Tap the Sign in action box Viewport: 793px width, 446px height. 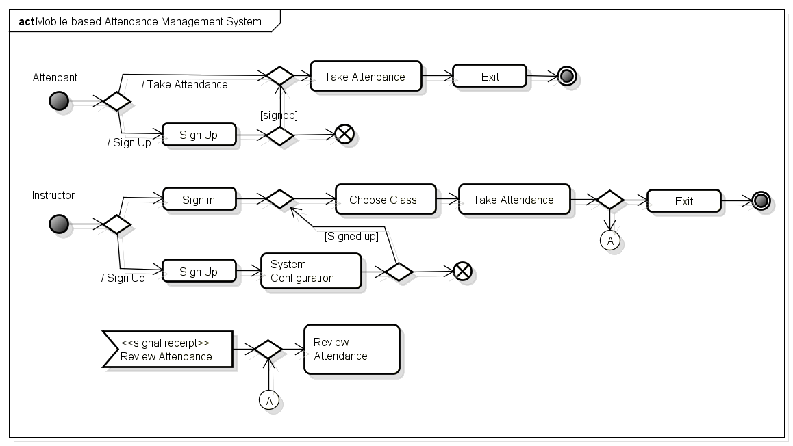(x=199, y=200)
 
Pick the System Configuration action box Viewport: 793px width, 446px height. (x=311, y=271)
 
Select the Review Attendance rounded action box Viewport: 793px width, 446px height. (x=351, y=349)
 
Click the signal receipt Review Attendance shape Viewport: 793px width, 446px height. (x=167, y=350)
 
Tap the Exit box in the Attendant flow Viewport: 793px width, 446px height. (x=490, y=77)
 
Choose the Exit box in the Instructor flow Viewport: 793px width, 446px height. (x=683, y=201)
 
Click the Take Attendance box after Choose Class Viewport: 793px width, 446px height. (x=514, y=200)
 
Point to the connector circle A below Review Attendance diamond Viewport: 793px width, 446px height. (x=269, y=400)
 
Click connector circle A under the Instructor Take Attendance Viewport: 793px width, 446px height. (x=610, y=241)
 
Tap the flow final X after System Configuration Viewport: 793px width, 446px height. (x=463, y=272)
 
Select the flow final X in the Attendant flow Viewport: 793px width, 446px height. (x=344, y=135)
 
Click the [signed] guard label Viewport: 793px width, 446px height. (x=279, y=115)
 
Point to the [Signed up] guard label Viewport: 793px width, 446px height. (x=351, y=237)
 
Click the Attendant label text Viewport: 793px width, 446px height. (x=55, y=78)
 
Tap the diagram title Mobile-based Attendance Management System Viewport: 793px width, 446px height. (x=148, y=21)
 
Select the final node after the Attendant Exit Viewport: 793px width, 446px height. (x=566, y=77)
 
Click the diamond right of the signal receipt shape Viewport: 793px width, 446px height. (x=268, y=350)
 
